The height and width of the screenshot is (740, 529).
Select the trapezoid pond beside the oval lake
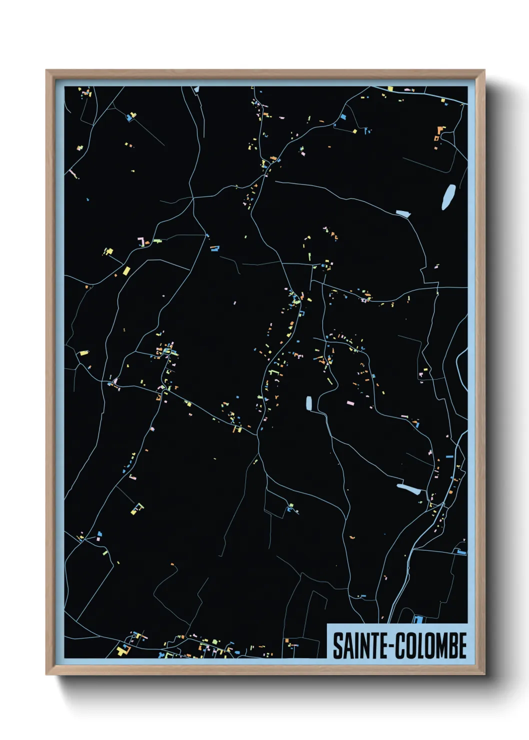click(x=403, y=214)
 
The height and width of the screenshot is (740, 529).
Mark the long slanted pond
click(x=409, y=488)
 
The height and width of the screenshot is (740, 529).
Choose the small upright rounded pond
click(x=309, y=403)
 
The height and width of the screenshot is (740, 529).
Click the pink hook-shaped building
click(x=142, y=242)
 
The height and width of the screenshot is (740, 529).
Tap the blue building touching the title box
click(x=418, y=620)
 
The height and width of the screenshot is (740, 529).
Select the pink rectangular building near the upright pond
click(x=350, y=402)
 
